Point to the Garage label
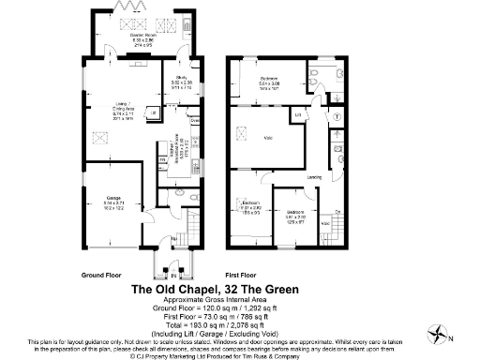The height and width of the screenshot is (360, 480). (112, 199)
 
